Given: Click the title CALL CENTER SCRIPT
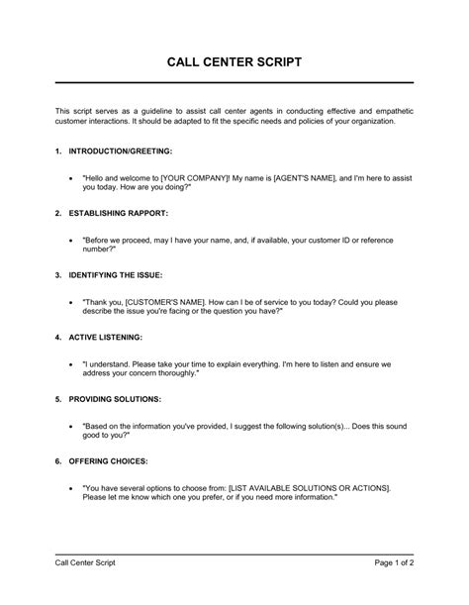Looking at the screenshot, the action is coord(234,61).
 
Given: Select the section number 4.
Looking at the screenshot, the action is coord(58,336).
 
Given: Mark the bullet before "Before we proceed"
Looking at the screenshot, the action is coord(72,239).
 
